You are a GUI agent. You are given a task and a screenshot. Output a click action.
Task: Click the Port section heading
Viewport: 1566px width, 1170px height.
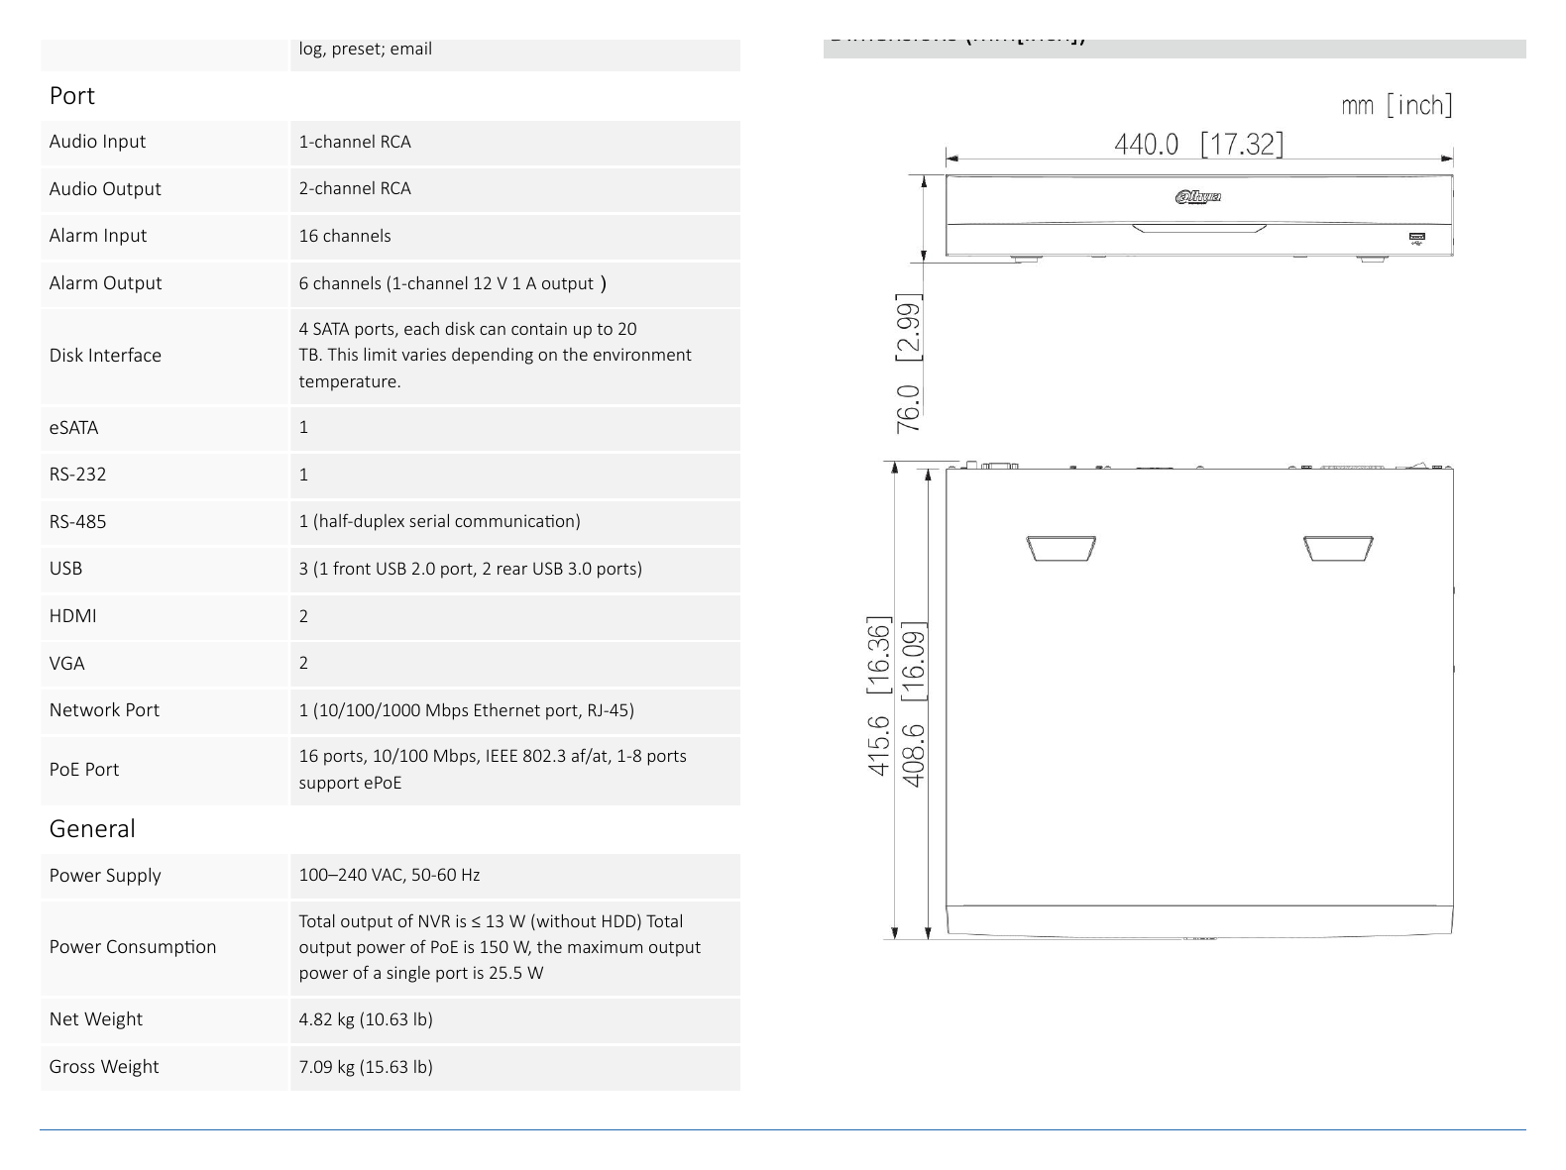point(71,95)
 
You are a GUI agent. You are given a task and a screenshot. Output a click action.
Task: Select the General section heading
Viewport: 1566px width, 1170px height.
point(92,828)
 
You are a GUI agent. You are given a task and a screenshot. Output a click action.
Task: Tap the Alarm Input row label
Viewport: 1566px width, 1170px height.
point(98,235)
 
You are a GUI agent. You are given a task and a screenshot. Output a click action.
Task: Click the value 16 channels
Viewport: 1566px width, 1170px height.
point(345,236)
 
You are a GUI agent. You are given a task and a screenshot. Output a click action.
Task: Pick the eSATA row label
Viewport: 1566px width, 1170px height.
point(73,427)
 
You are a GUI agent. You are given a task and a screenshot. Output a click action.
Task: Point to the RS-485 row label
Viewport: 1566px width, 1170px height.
point(77,521)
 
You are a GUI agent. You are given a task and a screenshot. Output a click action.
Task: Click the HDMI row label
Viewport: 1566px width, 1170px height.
point(72,615)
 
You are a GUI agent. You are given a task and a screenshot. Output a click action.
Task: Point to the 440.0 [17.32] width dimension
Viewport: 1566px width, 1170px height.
point(1198,144)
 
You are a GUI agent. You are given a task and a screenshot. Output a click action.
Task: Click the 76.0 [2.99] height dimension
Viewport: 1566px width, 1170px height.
point(908,363)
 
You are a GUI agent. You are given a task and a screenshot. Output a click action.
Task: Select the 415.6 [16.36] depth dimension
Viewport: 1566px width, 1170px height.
point(879,695)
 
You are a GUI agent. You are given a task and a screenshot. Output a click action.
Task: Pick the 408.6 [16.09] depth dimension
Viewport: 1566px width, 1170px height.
point(913,704)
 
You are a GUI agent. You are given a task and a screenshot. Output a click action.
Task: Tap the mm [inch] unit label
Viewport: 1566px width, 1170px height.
point(1397,106)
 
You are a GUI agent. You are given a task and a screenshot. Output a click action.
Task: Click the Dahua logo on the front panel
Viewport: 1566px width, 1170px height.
point(1198,197)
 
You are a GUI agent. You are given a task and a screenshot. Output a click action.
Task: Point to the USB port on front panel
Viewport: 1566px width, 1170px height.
point(1417,238)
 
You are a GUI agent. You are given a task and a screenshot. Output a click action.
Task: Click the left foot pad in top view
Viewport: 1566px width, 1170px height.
point(1061,548)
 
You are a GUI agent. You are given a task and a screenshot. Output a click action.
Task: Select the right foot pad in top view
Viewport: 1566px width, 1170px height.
point(1338,548)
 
